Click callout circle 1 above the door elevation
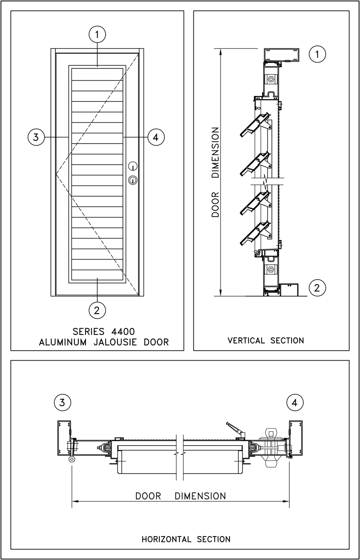pos(97,33)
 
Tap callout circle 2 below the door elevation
pos(97,309)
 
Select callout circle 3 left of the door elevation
pos(35,137)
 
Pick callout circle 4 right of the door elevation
pos(156,137)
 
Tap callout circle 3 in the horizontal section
pos(62,402)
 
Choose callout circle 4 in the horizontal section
pos(295,402)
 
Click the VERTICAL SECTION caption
pos(266,340)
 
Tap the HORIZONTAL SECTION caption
pos(186,539)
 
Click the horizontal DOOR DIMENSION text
pos(180,496)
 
